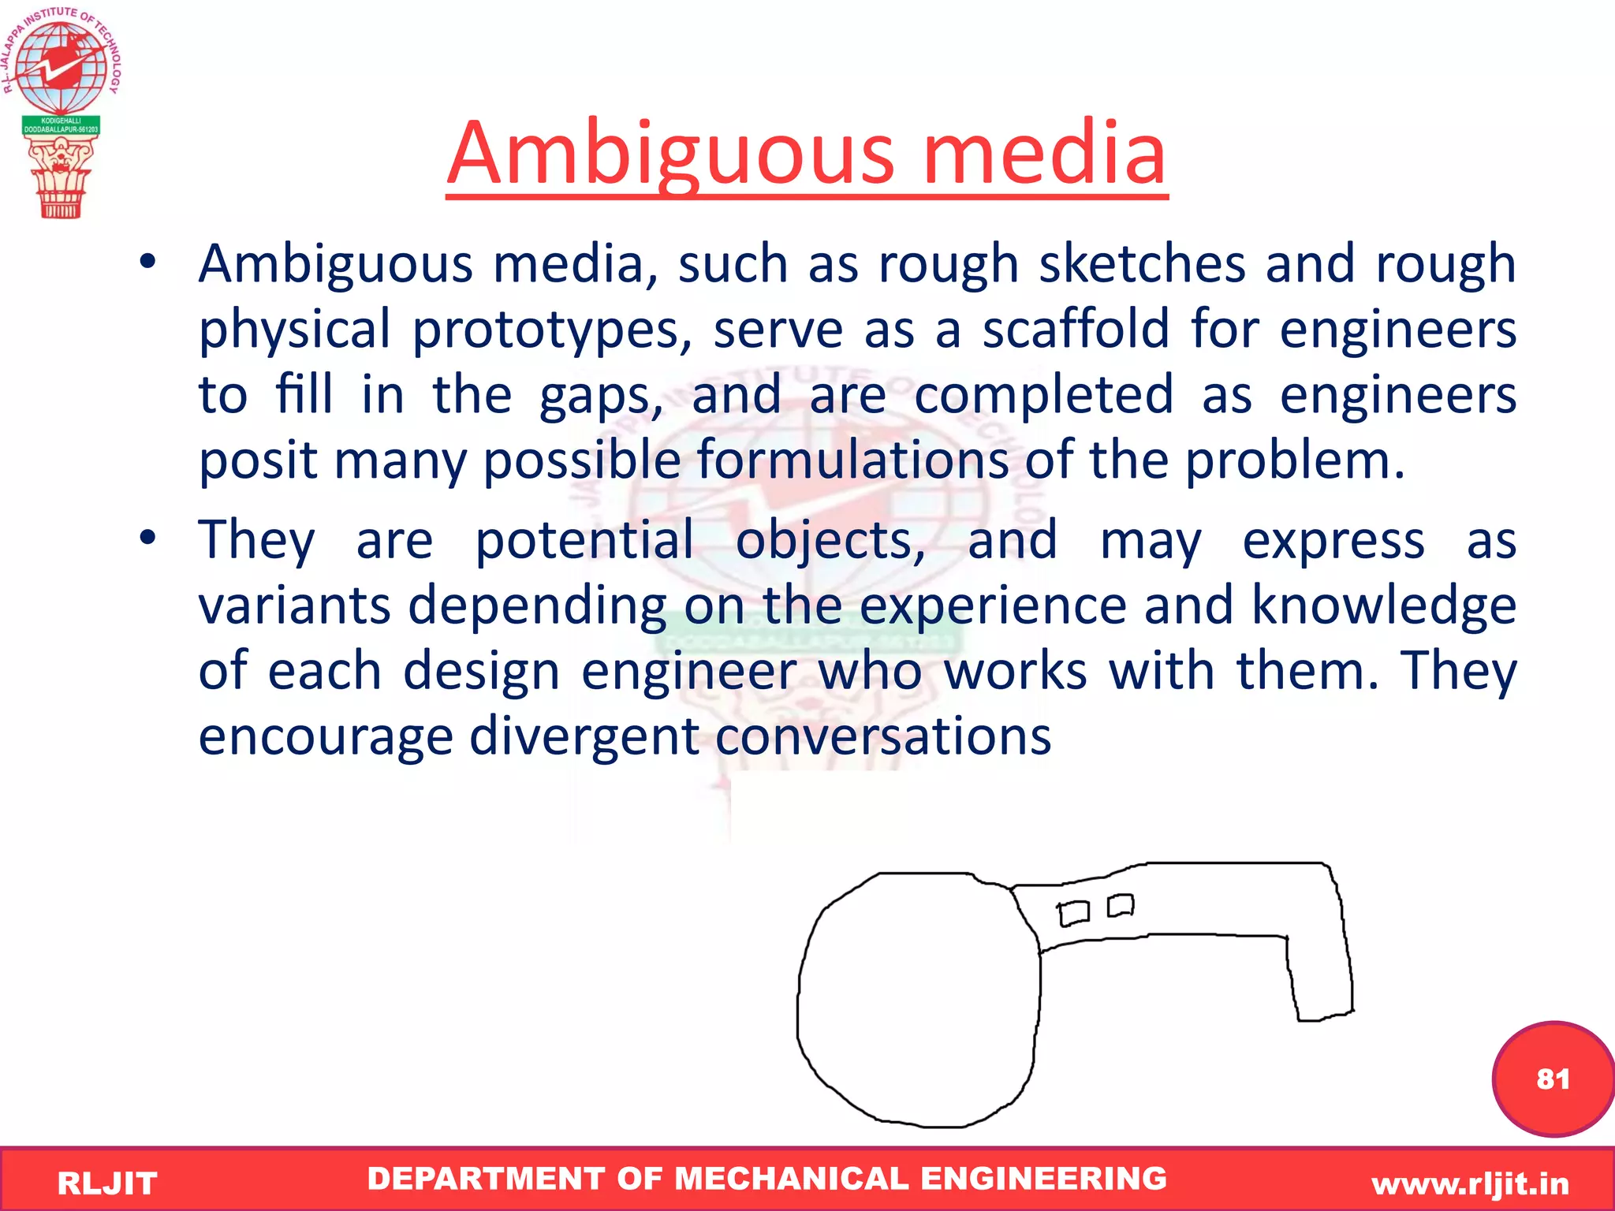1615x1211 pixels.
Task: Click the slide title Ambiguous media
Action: tap(806, 154)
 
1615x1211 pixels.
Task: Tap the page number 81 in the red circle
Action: tap(1553, 1079)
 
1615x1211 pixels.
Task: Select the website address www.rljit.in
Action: tap(1470, 1183)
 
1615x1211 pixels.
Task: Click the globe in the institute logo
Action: tap(61, 67)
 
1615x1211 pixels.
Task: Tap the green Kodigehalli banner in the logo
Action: tap(61, 125)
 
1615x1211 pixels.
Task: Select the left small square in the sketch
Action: tap(1073, 913)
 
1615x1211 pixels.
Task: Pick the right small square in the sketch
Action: tap(1121, 905)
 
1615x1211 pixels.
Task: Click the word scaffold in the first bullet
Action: tap(1076, 330)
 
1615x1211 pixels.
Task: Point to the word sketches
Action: tap(1143, 264)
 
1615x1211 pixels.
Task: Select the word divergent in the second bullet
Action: tap(584, 736)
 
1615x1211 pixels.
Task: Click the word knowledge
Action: tap(1384, 605)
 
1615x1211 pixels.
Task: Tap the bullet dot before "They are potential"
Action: tap(147, 538)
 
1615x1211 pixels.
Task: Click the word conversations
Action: tap(883, 736)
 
